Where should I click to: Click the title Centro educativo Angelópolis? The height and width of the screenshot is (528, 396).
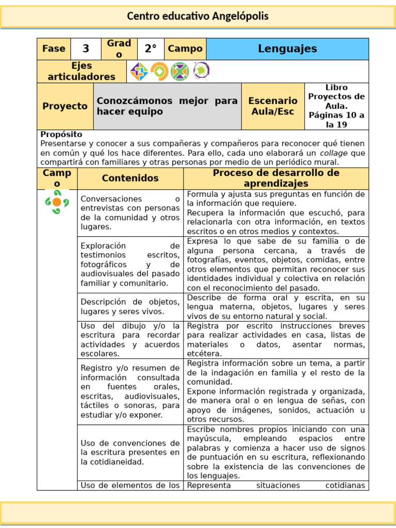click(x=198, y=16)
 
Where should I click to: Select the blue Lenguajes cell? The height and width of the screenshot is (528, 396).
click(x=287, y=49)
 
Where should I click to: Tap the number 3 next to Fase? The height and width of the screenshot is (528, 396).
click(x=86, y=49)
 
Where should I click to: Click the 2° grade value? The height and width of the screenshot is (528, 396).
click(x=150, y=49)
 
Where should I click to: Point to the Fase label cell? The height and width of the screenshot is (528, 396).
click(x=54, y=49)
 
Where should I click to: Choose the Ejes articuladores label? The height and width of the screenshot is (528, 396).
click(x=81, y=72)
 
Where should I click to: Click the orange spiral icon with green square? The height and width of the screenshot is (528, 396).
click(x=159, y=71)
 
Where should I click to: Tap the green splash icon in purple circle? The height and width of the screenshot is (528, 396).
click(x=201, y=71)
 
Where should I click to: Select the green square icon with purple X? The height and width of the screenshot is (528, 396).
click(x=180, y=71)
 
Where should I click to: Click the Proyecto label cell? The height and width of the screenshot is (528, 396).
click(x=65, y=106)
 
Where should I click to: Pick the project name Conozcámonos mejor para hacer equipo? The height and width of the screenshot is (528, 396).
click(x=167, y=106)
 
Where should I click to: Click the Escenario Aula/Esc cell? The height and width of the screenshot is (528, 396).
click(x=273, y=106)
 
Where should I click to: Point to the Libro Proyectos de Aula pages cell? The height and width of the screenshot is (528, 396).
click(x=336, y=106)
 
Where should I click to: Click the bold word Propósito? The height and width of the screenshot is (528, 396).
click(x=61, y=134)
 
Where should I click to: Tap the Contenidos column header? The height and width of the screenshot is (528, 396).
click(x=130, y=178)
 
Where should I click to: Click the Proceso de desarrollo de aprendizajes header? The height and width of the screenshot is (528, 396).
click(x=276, y=178)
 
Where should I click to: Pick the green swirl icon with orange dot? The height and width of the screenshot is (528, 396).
click(x=57, y=202)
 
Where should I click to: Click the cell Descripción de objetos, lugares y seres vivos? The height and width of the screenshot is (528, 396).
click(x=130, y=307)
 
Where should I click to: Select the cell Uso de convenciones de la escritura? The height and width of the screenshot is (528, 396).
click(x=130, y=452)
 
